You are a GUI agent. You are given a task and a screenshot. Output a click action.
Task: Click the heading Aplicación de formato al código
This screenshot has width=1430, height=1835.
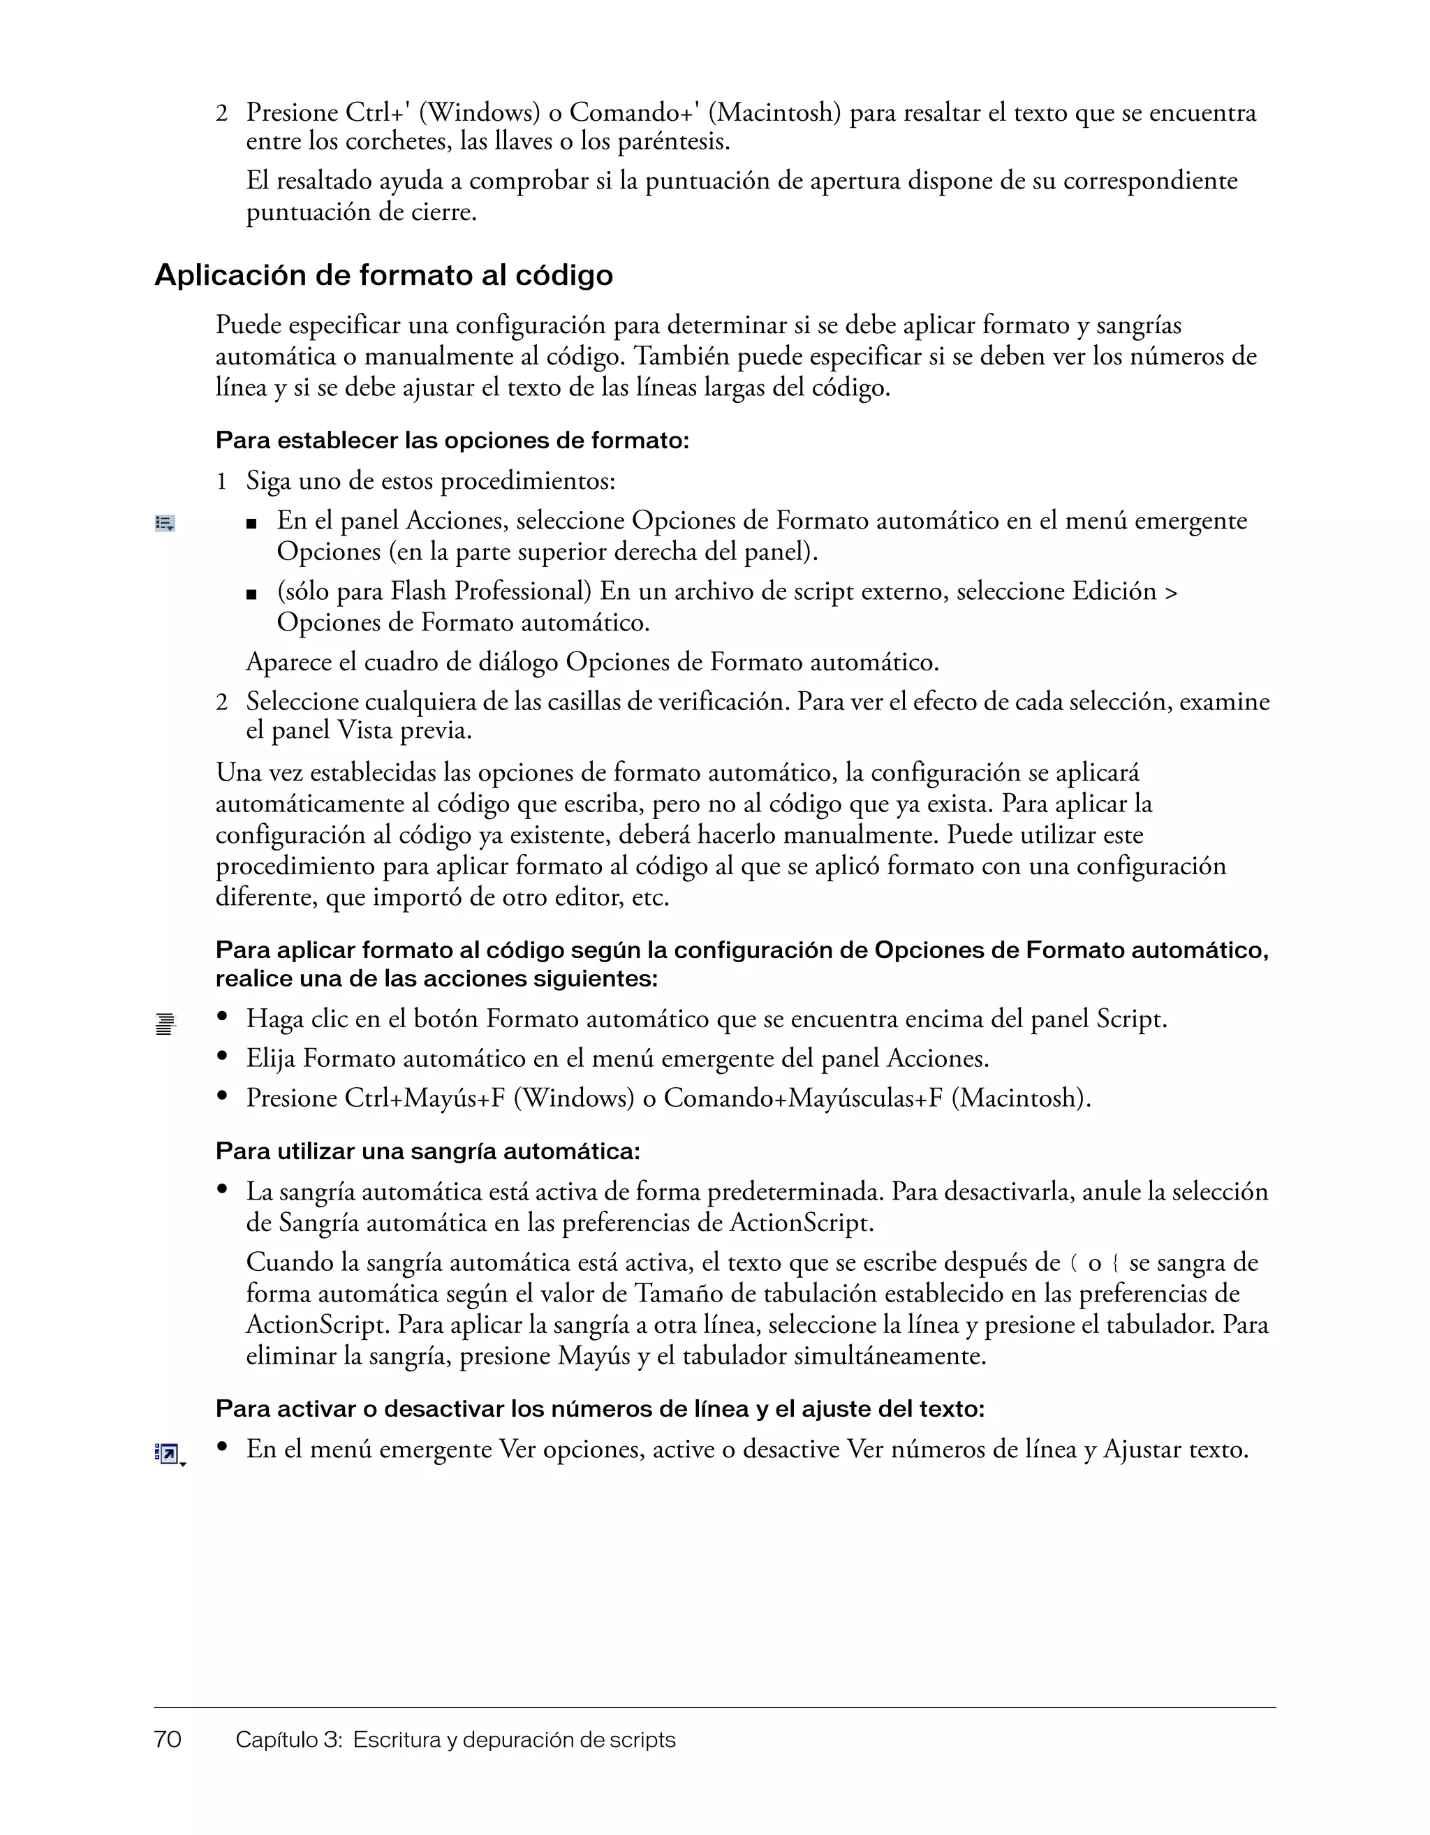tap(383, 276)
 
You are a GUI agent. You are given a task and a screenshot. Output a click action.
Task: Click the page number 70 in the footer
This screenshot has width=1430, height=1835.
tap(168, 1739)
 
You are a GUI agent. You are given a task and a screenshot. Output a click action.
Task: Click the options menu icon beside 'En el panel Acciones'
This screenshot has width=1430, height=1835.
tap(165, 524)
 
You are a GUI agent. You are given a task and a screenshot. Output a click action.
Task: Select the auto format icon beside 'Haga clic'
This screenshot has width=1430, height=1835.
tap(165, 1024)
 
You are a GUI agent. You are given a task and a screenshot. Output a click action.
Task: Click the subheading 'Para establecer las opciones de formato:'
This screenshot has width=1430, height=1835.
tap(452, 441)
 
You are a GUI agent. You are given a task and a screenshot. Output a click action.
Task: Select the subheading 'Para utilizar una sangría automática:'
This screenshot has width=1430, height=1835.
tap(427, 1150)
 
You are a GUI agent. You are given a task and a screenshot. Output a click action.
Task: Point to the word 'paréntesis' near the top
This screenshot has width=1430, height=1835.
tap(672, 142)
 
